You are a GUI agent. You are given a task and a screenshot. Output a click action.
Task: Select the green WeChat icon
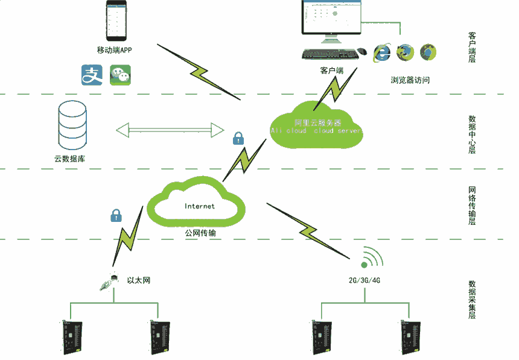pyautogui.click(x=120, y=75)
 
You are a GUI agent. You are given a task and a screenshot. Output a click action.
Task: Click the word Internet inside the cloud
pyautogui.click(x=199, y=206)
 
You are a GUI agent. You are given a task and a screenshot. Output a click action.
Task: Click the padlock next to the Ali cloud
pyautogui.click(x=238, y=137)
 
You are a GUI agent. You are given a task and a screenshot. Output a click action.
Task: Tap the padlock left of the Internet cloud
pyautogui.click(x=115, y=215)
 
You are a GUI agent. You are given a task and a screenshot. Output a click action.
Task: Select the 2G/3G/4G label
pyautogui.click(x=364, y=280)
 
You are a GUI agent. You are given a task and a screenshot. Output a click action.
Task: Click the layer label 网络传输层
pyautogui.click(x=472, y=206)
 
